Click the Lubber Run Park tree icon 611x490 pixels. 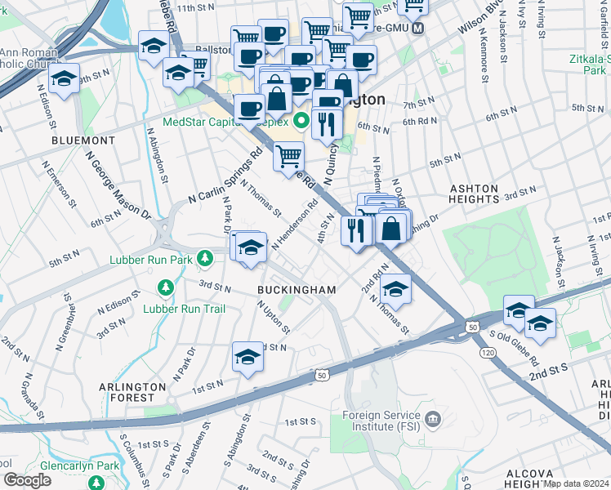coord(207,260)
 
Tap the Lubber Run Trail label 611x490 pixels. coord(184,309)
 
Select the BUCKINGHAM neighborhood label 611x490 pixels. coord(297,290)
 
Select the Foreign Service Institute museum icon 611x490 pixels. coord(433,420)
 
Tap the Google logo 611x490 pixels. coord(27,480)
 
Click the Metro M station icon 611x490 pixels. coord(417,28)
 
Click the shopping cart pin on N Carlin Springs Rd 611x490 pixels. coord(288,155)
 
